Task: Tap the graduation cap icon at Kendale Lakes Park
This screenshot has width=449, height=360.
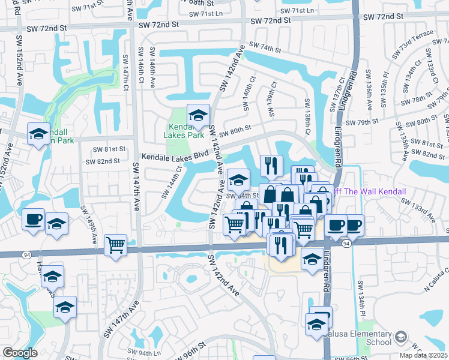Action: click(x=197, y=116)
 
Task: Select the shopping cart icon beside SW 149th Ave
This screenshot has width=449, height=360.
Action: click(x=115, y=245)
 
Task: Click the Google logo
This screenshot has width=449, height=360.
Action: click(x=20, y=353)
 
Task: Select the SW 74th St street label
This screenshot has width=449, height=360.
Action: click(x=265, y=46)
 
